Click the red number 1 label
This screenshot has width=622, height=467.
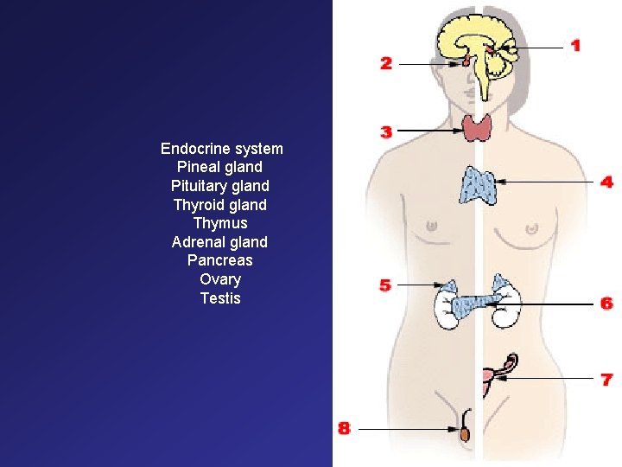tap(575, 45)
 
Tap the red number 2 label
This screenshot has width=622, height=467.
tap(386, 63)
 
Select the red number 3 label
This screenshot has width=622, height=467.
tap(386, 132)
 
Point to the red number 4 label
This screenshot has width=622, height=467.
tap(607, 182)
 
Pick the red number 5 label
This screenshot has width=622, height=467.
tap(385, 285)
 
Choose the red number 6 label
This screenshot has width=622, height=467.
tap(607, 304)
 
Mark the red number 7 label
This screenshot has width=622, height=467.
tap(607, 379)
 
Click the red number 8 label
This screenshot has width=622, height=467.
tap(344, 428)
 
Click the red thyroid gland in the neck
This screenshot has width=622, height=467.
tap(477, 128)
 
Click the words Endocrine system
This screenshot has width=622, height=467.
tap(221, 149)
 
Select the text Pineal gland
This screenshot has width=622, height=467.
tap(219, 167)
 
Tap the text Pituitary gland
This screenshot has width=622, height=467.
tap(220, 186)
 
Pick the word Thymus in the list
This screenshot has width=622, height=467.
tap(220, 223)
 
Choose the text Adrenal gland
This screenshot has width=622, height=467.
tap(219, 242)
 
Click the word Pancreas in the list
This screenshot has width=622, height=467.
tap(219, 260)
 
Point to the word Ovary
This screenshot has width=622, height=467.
tap(220, 279)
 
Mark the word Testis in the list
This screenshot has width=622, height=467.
tap(220, 298)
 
